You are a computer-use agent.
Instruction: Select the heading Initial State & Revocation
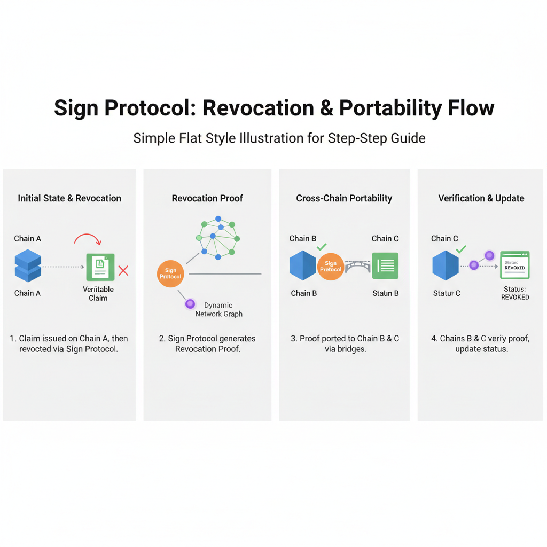tap(69, 198)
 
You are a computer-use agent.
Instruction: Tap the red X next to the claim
tap(123, 271)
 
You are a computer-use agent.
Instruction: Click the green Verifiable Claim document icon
tap(100, 267)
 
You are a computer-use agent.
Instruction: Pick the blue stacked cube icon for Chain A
tap(27, 266)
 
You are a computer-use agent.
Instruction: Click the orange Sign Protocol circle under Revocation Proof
tap(170, 273)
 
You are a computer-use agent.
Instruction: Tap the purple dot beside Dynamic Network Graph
tap(190, 304)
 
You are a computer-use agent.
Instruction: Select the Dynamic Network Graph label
tap(218, 310)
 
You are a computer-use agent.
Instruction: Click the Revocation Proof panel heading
tap(207, 198)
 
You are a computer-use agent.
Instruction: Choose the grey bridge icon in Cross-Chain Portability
tap(357, 266)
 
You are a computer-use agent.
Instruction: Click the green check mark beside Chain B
tap(322, 246)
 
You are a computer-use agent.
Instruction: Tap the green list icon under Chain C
tap(385, 265)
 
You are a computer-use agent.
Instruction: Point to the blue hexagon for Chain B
tap(303, 266)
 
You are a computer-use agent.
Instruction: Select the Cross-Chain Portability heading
tap(344, 198)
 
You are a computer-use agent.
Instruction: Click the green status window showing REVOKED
tap(514, 265)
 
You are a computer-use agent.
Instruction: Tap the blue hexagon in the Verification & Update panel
tap(446, 265)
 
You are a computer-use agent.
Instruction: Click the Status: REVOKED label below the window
tap(515, 293)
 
